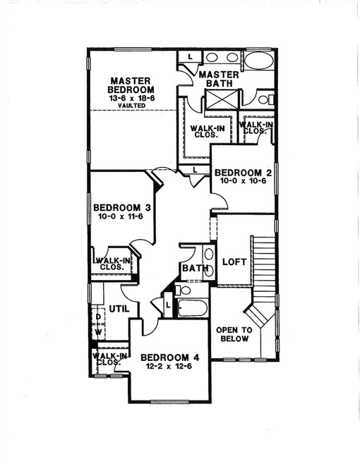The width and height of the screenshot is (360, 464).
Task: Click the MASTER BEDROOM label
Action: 126,85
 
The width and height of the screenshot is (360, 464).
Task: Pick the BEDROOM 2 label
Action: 243,171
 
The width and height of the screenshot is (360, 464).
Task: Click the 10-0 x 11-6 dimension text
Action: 122,218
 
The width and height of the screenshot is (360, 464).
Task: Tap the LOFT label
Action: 234,261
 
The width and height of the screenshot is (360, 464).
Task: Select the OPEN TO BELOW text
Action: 234,333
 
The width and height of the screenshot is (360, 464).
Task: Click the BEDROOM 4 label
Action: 169,358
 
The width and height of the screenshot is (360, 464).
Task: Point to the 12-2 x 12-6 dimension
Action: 169,367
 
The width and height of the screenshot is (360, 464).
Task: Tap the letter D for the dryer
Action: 98,317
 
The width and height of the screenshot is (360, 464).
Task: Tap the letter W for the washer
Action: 98,331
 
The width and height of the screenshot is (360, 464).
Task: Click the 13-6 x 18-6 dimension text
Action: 129,97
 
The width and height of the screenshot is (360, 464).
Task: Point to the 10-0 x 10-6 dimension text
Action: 240,181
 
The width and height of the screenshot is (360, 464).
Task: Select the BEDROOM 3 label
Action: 122,207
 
